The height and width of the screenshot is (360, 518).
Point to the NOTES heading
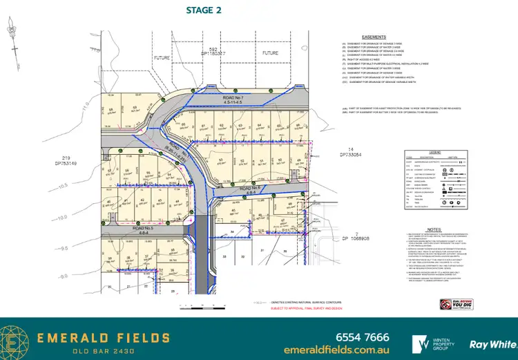tap(434, 229)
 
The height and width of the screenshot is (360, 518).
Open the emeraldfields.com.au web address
tap(336, 350)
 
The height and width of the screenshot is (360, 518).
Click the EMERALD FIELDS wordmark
tap(104, 338)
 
